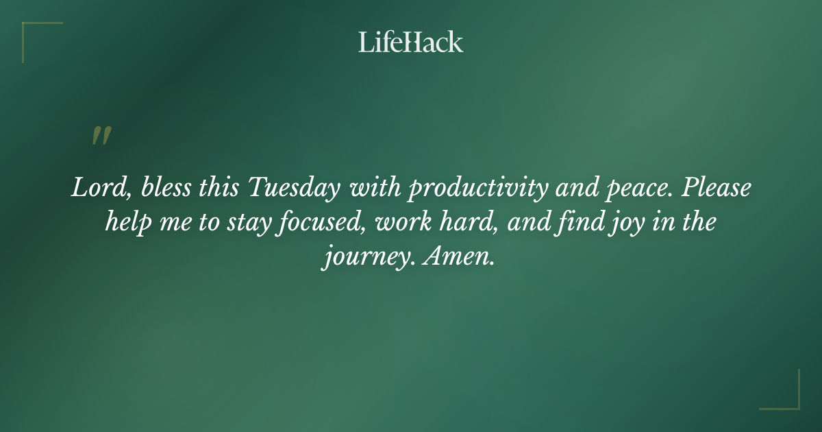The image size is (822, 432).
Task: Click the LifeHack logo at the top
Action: [411, 42]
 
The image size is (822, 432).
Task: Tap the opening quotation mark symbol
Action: [101, 136]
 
